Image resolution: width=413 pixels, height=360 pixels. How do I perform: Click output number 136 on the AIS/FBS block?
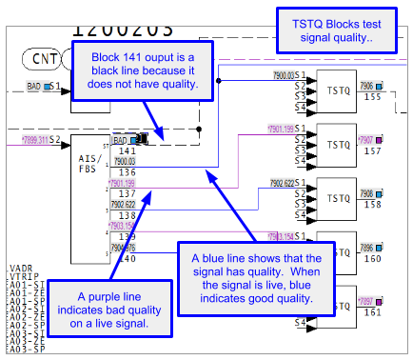pyautogui.click(x=127, y=171)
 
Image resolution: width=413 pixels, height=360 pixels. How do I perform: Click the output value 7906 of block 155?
pyautogui.click(x=366, y=86)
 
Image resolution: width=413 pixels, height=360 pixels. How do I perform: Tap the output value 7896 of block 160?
pyautogui.click(x=366, y=246)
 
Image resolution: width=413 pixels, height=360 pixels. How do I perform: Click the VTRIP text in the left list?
pyautogui.click(x=22, y=276)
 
